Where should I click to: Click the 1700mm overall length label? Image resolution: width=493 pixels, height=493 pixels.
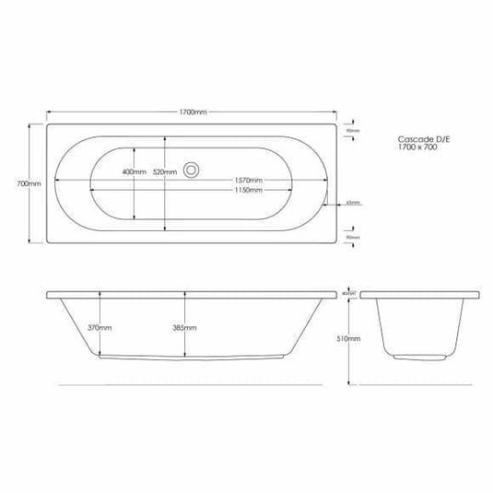[x=194, y=112]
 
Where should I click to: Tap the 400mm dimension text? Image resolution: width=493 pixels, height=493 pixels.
[x=133, y=172]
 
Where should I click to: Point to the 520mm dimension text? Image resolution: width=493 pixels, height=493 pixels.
[x=166, y=172]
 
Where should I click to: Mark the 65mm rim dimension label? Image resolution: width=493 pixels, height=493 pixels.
[x=353, y=203]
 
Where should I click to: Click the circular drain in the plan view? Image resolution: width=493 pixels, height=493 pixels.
[x=193, y=170]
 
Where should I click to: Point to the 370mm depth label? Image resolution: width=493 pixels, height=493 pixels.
[x=112, y=328]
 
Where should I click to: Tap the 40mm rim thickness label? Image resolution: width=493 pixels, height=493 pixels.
[x=348, y=292]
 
